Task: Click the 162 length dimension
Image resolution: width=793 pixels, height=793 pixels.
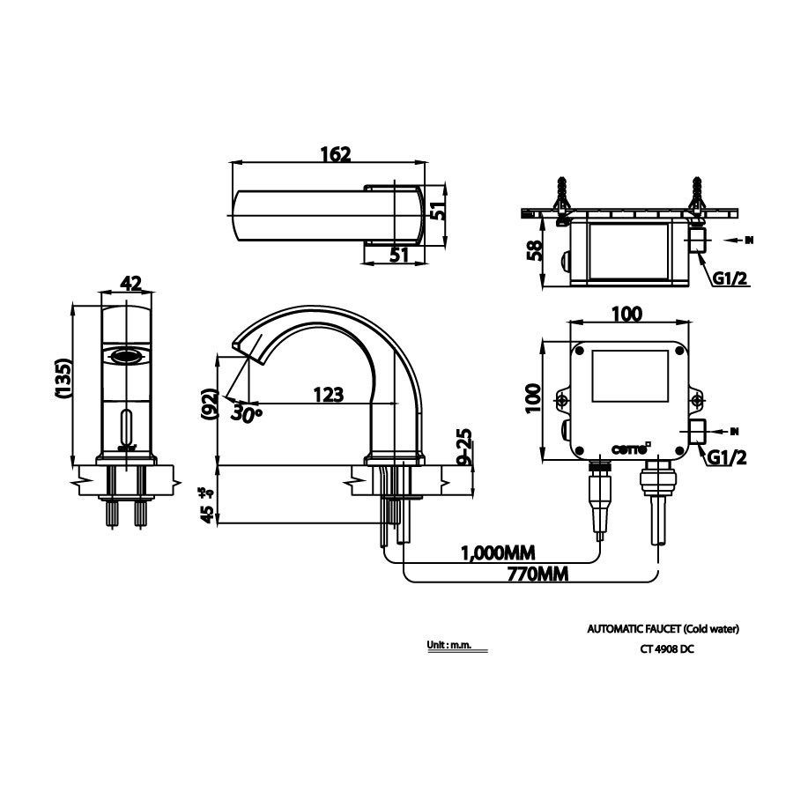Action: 335,154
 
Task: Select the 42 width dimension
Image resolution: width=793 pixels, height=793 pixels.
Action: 130,283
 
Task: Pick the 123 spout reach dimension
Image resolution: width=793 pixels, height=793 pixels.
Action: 328,396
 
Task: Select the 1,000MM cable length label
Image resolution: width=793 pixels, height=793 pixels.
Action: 498,552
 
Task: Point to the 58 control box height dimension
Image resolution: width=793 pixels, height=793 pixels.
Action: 532,253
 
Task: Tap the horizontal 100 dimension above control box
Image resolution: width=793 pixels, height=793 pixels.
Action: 626,314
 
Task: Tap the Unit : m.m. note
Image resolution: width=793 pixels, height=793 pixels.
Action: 450,645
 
